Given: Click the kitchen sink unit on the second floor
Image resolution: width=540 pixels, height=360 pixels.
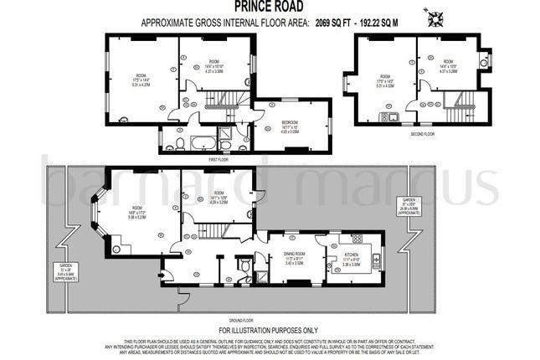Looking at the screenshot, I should [x=390, y=116].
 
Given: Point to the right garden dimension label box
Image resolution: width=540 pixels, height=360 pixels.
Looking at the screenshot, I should [x=409, y=207].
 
